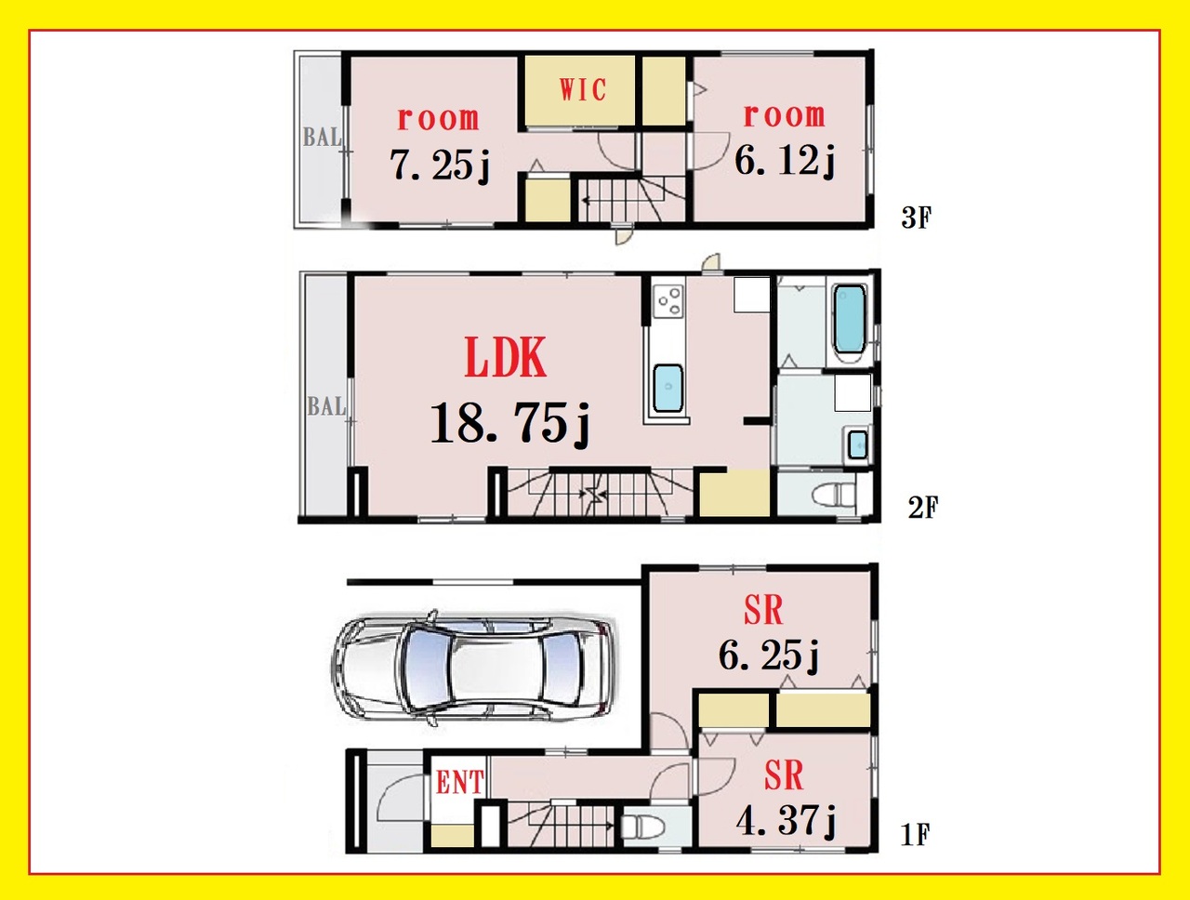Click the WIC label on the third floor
coord(583,90)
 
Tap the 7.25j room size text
coord(440,165)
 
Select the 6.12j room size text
coord(785,161)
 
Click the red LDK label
coord(505,357)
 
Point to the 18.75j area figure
coord(509,423)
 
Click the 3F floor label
coord(917,218)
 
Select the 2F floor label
coord(923,508)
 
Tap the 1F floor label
coord(915,835)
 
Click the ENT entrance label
coord(460,784)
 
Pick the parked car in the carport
coord(472,668)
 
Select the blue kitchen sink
coord(668,389)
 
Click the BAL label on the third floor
coord(322,138)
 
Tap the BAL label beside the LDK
coord(326,406)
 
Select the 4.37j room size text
coord(787,821)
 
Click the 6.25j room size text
coord(769,655)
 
